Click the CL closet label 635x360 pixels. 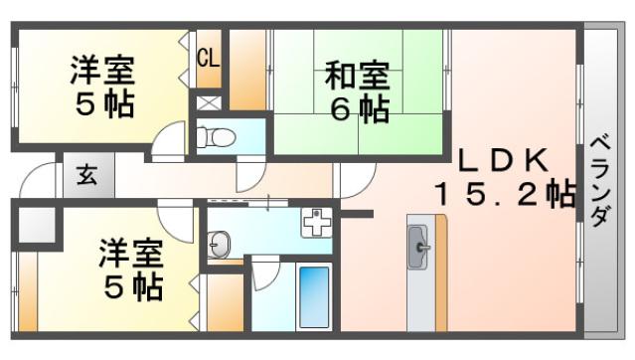click(209, 57)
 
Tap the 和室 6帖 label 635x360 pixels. click(358, 92)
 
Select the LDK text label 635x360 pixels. click(504, 160)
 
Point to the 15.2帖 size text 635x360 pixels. click(505, 194)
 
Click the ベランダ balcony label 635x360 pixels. click(600, 181)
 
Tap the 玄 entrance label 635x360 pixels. click(87, 175)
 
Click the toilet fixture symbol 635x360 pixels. click(216, 137)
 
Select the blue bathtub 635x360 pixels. click(314, 297)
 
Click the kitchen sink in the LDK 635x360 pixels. click(418, 248)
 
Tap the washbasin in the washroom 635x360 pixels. click(219, 245)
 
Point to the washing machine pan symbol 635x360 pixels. click(316, 222)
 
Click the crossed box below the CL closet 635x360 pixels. click(209, 103)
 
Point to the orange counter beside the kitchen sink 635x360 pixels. click(441, 272)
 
